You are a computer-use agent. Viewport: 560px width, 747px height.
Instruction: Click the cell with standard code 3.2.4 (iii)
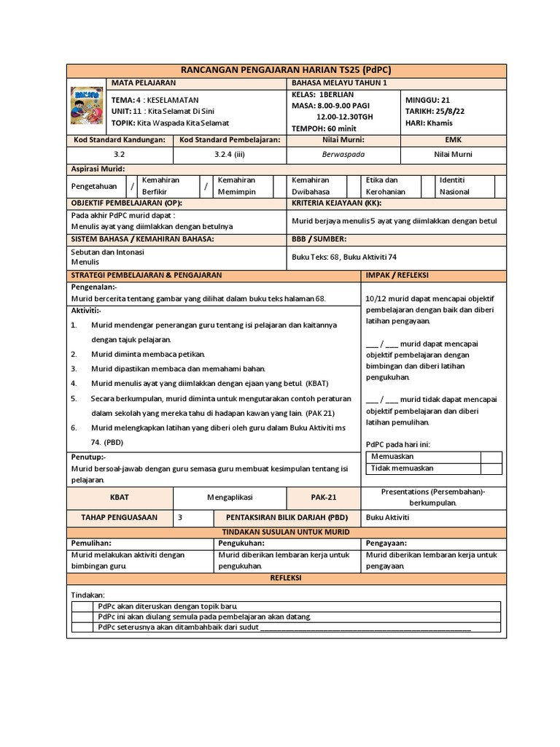point(229,155)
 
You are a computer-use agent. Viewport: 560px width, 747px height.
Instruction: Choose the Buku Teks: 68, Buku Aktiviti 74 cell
point(344,256)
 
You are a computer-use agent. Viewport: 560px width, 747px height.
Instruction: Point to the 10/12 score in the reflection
point(376,298)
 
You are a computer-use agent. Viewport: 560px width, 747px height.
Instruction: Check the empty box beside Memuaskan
point(491,457)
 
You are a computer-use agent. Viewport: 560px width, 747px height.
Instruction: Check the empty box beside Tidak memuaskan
point(491,469)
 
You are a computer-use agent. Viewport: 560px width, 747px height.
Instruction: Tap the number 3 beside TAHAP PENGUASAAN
point(180,517)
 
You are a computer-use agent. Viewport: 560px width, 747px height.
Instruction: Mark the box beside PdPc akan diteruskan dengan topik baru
point(83,606)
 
